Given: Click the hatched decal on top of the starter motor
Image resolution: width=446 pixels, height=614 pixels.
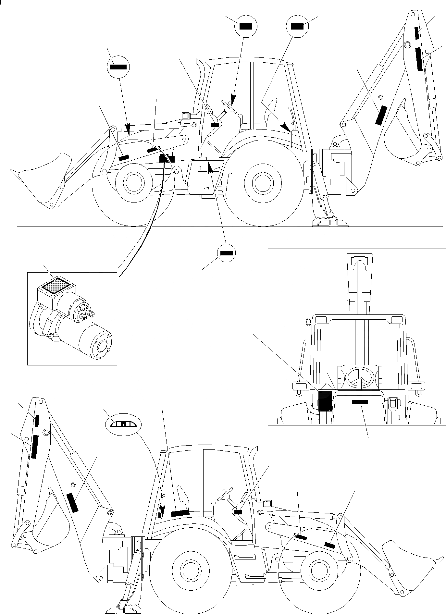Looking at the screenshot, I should point(56,286).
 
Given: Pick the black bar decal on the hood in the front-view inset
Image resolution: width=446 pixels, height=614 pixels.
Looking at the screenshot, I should point(360,402).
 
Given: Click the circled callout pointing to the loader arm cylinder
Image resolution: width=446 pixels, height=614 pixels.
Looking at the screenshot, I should point(118,67).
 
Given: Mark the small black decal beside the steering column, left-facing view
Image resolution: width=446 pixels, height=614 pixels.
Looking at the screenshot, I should point(215,124).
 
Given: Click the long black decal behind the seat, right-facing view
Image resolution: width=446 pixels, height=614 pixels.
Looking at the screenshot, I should point(180,513).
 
